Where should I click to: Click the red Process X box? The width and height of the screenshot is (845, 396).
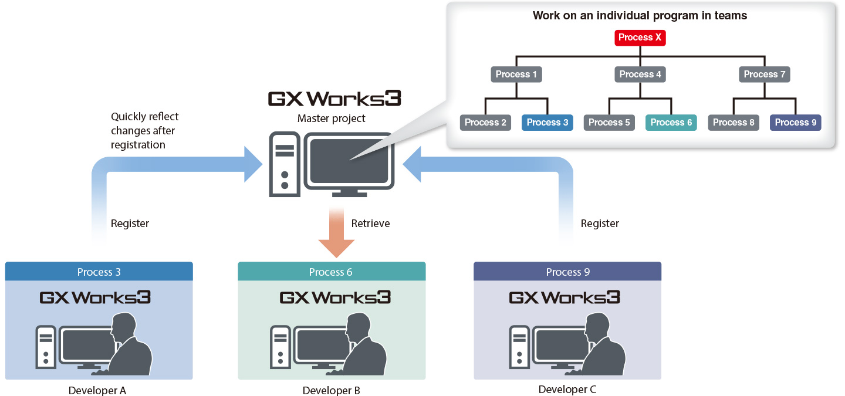pos(640,38)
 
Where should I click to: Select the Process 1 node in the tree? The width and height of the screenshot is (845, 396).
pos(516,75)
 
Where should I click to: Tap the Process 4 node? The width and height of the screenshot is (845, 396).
pos(640,75)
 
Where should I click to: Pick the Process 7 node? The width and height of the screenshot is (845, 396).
pos(764,75)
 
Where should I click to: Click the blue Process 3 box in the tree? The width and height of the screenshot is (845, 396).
pos(547,123)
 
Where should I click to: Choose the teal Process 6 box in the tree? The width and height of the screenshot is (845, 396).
pos(671,123)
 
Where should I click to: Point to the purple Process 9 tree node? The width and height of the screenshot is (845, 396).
pos(795,123)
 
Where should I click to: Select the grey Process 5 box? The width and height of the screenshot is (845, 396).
pos(609,123)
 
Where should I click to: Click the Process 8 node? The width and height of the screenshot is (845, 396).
pos(734,123)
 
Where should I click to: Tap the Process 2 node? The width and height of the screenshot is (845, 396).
pos(485,123)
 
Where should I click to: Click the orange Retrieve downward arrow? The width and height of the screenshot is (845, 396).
pos(336,235)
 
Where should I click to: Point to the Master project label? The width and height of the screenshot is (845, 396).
pos(331,119)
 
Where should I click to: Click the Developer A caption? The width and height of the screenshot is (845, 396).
pos(97,390)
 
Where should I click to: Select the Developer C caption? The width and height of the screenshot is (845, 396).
pos(567,389)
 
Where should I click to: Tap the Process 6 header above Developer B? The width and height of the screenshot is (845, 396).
pos(331,272)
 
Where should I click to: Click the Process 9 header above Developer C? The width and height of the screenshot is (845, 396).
pos(567,272)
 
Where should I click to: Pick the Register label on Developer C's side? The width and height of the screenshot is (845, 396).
pos(599,224)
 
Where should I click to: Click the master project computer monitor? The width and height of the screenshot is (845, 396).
pos(351,161)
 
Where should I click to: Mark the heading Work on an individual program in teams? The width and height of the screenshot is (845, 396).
pos(640,16)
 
